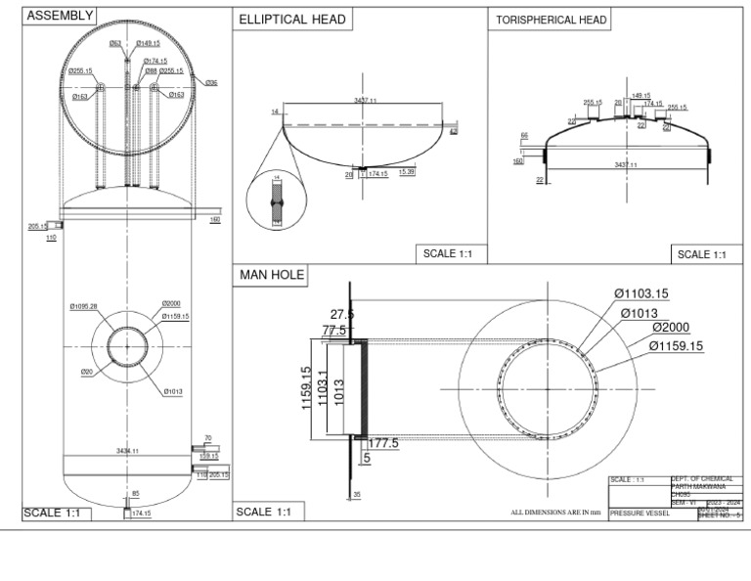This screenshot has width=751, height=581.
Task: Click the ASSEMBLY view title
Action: tap(61, 16)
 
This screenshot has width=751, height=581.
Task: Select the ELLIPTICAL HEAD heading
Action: tap(292, 20)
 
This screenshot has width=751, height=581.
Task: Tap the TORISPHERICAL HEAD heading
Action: tap(552, 20)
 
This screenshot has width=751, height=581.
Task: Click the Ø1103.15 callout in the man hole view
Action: tap(647, 293)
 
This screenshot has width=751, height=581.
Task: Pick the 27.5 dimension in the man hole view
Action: tap(342, 314)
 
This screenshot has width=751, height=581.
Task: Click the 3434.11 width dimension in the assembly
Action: tap(127, 451)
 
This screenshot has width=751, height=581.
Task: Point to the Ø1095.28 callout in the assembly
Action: tap(84, 307)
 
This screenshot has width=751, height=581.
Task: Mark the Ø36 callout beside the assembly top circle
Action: tap(211, 83)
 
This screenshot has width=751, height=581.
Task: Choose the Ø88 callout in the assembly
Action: tap(151, 71)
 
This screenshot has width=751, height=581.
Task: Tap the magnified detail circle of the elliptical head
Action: tap(277, 200)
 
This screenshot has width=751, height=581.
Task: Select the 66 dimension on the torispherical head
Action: tap(524, 136)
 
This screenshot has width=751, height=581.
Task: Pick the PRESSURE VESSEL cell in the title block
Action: tap(639, 513)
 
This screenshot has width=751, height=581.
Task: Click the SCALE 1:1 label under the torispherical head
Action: tap(701, 254)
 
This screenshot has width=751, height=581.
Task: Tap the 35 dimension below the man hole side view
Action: tap(357, 495)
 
